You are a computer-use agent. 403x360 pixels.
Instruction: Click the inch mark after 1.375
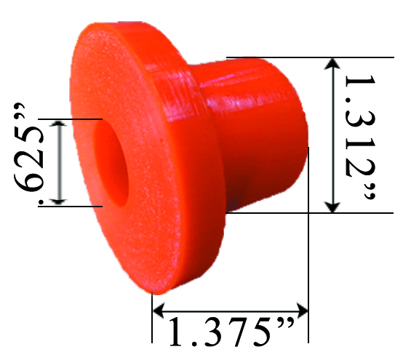pos(287,323)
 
